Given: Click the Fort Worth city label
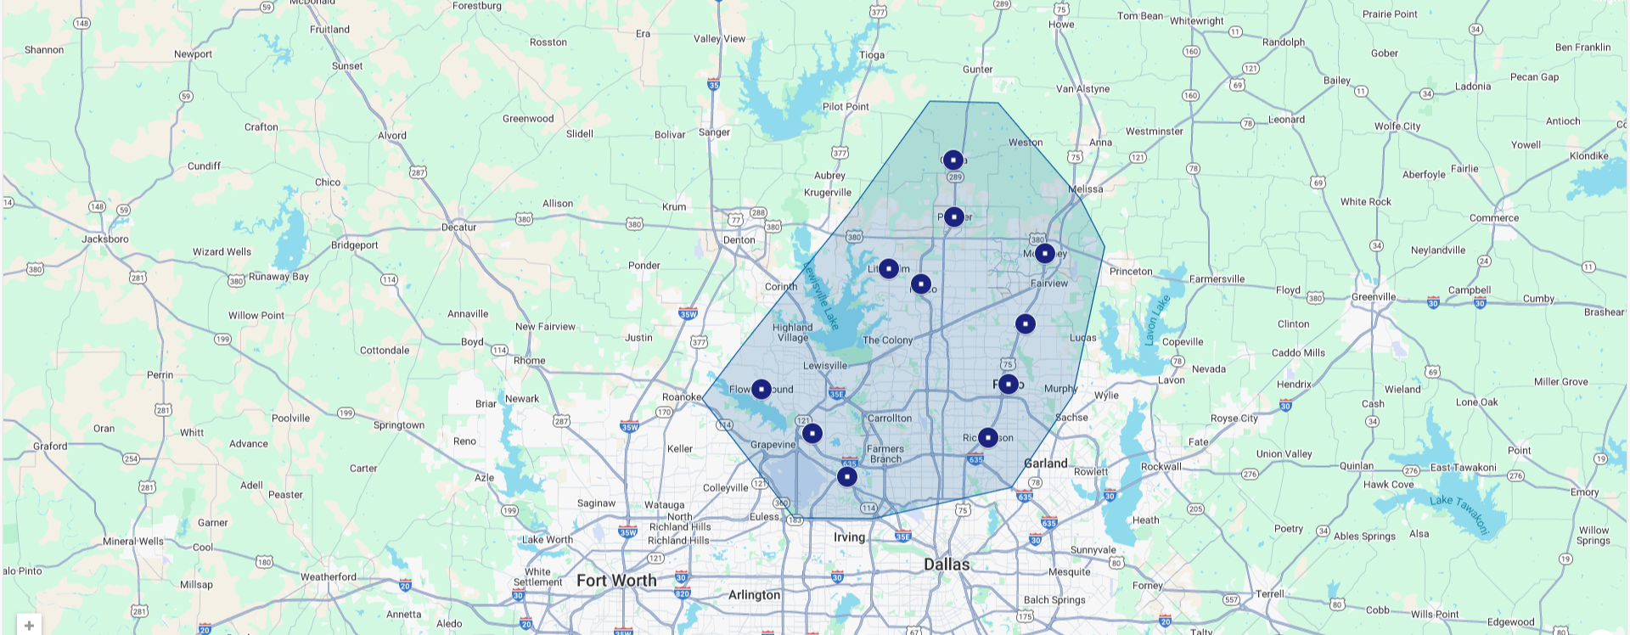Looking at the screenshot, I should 616,581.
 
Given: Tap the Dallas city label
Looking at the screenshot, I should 947,565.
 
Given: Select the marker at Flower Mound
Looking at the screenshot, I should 762,389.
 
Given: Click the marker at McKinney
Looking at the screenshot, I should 1045,253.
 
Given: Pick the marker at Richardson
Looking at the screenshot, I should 987,437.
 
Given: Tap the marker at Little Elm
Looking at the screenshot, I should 888,268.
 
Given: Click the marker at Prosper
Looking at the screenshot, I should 953,217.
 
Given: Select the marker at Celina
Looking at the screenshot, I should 953,160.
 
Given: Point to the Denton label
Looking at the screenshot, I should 739,240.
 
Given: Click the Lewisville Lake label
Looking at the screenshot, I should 820,295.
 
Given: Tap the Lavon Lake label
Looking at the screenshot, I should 1156,320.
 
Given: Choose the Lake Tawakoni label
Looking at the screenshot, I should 1459,513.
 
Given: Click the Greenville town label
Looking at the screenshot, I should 1373,297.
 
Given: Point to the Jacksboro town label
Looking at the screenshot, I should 105,239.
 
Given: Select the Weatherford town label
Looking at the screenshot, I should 328,577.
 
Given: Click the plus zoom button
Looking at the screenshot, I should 29,626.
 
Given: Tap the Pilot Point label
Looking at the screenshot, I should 846,107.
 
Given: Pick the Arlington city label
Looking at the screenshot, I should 754,595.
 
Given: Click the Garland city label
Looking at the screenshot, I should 1045,464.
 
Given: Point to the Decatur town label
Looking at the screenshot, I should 458,228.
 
